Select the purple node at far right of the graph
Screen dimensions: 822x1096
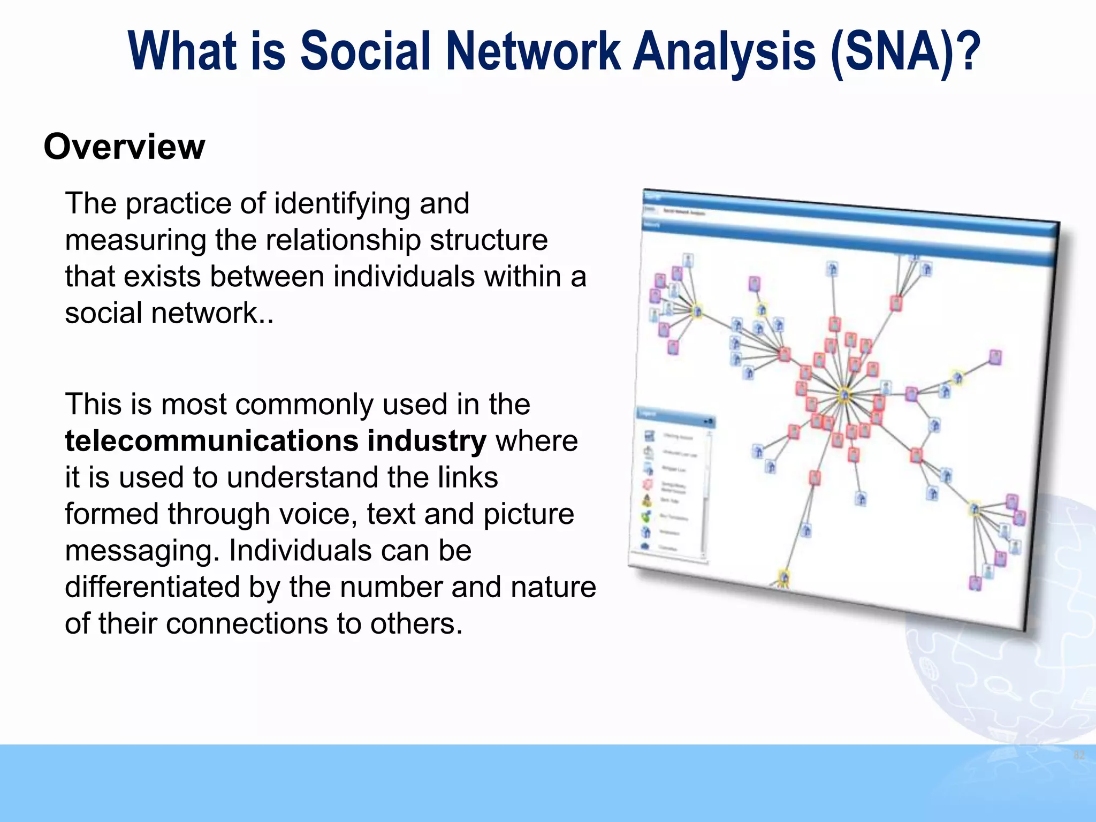point(995,357)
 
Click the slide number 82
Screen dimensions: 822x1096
point(1079,755)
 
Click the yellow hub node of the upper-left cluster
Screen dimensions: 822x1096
point(697,310)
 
